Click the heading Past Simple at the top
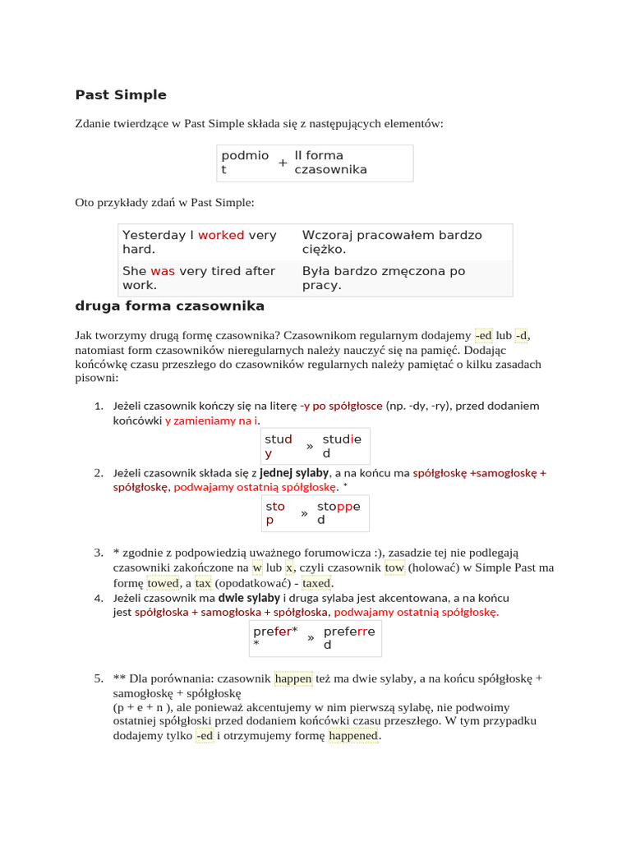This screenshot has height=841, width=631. (121, 95)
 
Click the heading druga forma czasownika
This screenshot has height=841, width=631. (169, 306)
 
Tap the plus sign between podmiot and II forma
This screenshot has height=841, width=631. (283, 163)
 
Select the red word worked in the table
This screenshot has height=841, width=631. (221, 235)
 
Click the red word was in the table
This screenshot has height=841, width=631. (163, 271)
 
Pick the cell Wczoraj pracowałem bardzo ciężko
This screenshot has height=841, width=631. (392, 242)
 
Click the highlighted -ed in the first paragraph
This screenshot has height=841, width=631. (483, 335)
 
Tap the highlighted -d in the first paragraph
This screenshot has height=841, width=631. (522, 335)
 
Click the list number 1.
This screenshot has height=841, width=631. (98, 406)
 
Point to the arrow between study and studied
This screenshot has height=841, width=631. (310, 447)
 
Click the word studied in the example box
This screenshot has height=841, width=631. (341, 446)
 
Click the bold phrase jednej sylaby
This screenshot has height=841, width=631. (293, 473)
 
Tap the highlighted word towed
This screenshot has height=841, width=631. (163, 582)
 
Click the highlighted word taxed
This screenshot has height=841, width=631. (316, 582)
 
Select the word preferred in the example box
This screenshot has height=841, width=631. (348, 638)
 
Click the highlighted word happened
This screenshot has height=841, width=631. (353, 736)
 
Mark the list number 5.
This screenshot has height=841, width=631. (98, 678)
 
